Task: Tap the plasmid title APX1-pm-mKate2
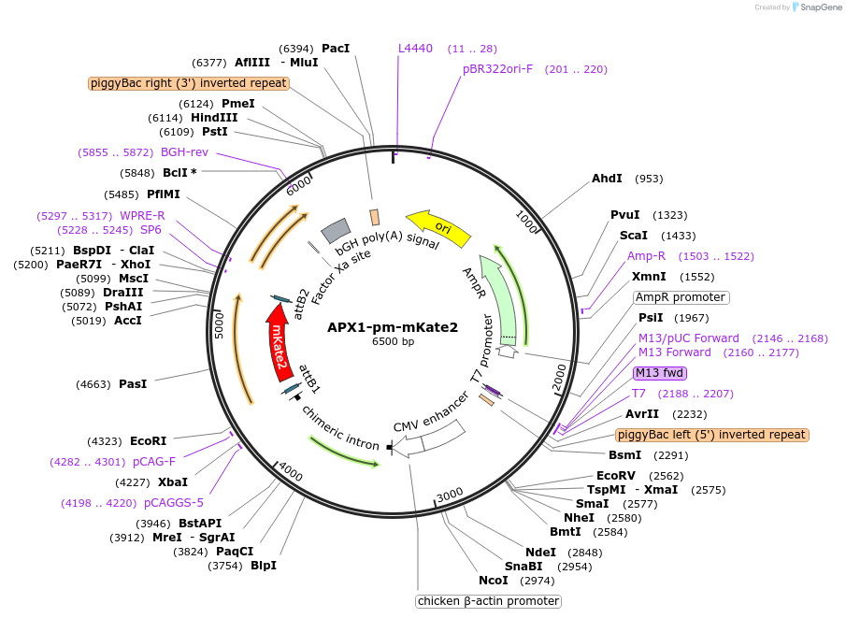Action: tap(393, 327)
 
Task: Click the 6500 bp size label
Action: tap(393, 341)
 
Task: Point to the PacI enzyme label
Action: tap(335, 48)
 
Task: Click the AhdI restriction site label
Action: tap(607, 178)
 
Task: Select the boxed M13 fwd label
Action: tap(660, 372)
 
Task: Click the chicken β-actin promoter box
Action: tap(488, 601)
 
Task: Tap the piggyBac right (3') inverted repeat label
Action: tap(189, 83)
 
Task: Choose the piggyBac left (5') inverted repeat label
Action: tap(711, 435)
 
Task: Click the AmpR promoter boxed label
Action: tap(681, 297)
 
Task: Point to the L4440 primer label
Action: tap(415, 48)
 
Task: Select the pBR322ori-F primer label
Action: tap(497, 68)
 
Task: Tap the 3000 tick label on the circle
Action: tap(450, 493)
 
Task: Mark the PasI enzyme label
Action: tap(133, 383)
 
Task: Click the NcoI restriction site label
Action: tap(494, 580)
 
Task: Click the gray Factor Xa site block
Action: tap(335, 230)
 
